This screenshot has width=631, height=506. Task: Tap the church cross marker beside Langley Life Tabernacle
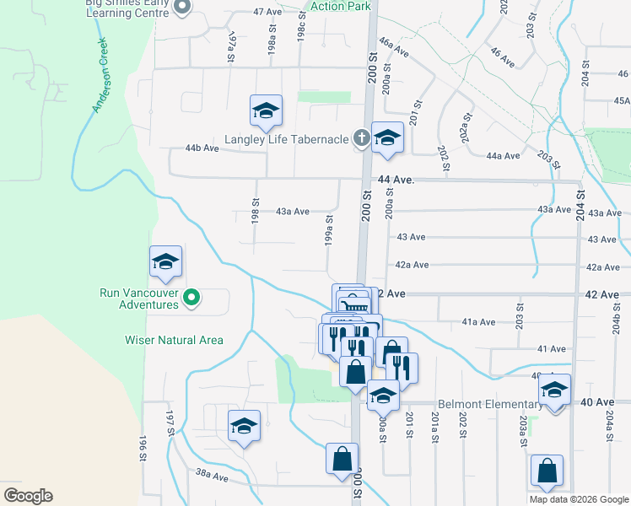pyautogui.click(x=361, y=137)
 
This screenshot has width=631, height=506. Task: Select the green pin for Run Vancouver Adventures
pyautogui.click(x=191, y=296)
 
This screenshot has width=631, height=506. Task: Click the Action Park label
pyautogui.click(x=340, y=6)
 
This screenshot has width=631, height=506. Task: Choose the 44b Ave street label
pyautogui.click(x=202, y=148)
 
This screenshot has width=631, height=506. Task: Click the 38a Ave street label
pyautogui.click(x=212, y=476)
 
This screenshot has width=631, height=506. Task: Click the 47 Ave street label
pyautogui.click(x=267, y=12)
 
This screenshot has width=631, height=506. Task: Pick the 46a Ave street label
pyautogui.click(x=393, y=46)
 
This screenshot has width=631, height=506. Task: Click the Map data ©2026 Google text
pyautogui.click(x=578, y=499)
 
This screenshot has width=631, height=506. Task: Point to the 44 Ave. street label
pyautogui.click(x=396, y=180)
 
